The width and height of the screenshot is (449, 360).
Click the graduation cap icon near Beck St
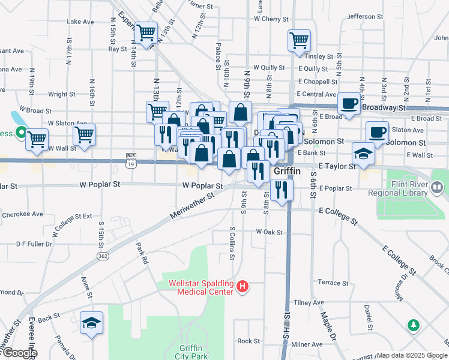(x=91, y=323)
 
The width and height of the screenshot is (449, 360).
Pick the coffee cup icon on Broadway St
(x=348, y=103)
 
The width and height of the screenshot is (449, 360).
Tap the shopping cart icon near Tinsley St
(x=299, y=40)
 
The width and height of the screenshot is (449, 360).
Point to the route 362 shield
(x=103, y=256)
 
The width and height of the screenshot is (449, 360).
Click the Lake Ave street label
(x=80, y=22)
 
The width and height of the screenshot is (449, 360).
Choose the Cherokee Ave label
(x=23, y=214)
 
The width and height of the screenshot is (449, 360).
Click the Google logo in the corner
(x=19, y=353)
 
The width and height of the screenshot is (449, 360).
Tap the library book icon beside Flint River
(x=438, y=187)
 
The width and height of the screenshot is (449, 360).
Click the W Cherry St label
(x=271, y=19)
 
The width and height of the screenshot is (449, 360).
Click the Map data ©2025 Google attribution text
(x=412, y=355)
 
